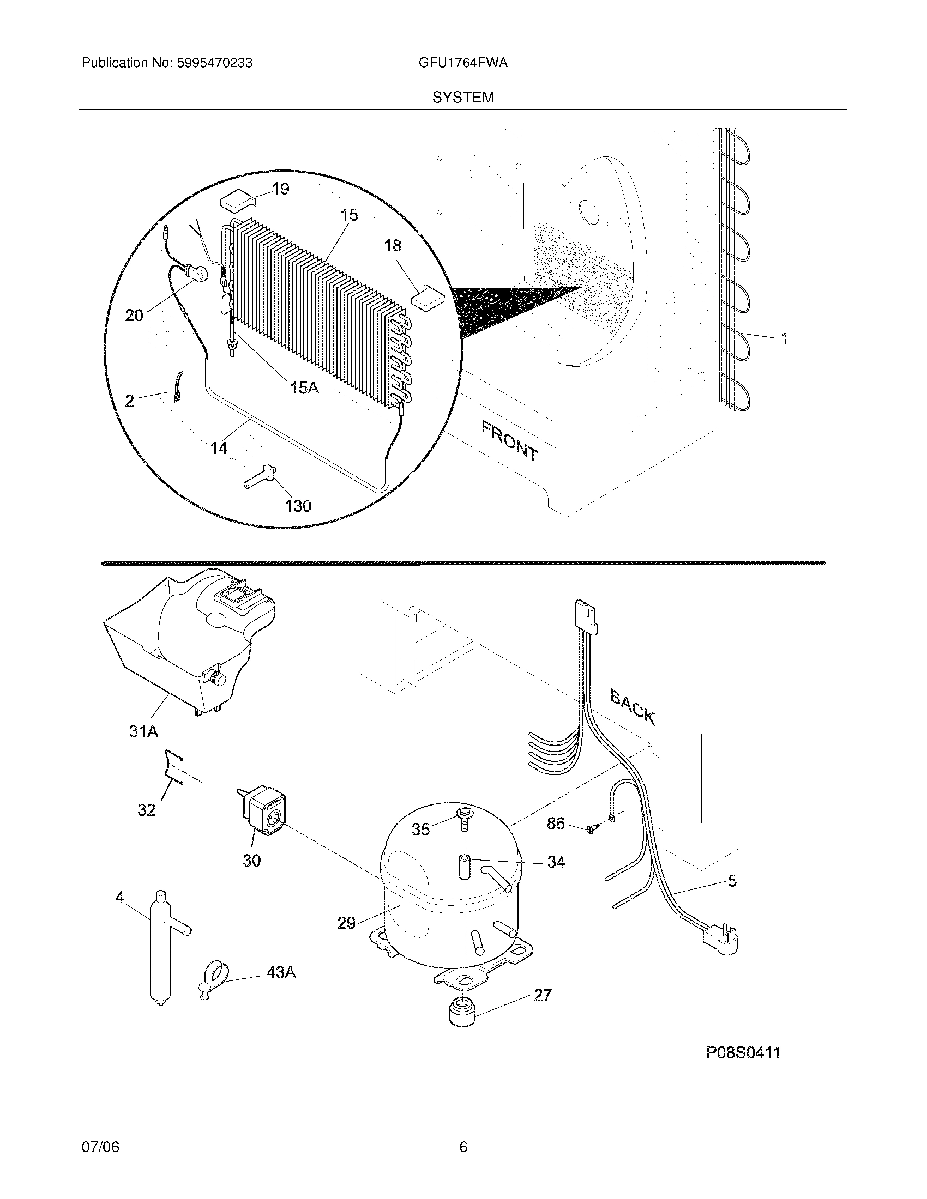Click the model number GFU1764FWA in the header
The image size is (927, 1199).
point(462,63)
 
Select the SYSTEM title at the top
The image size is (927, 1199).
point(463,98)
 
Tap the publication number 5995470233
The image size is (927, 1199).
point(214,63)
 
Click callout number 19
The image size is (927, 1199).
point(280,190)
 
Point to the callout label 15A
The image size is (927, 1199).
point(304,388)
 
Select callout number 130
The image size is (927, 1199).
point(298,506)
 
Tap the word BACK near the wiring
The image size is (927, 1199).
point(632,708)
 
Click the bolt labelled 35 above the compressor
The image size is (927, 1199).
point(462,830)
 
